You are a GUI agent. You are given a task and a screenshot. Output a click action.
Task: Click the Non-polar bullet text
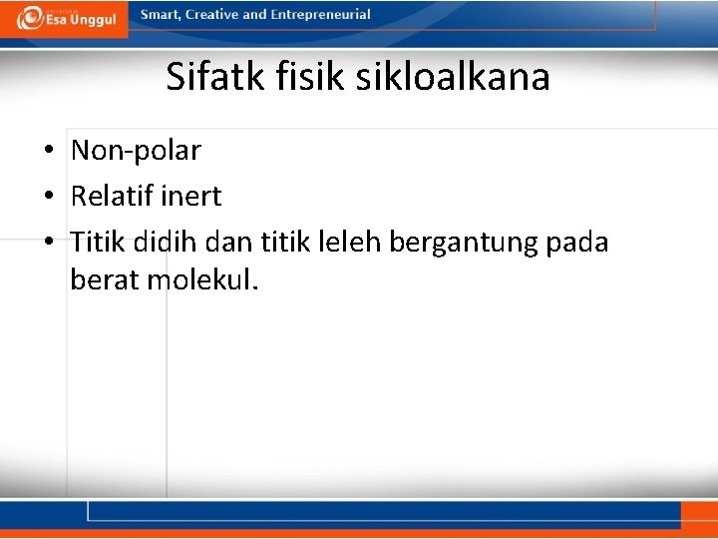click(x=136, y=151)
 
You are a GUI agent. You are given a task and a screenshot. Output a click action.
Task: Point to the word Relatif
click(x=112, y=197)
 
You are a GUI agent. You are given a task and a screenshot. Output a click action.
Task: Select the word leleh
click(x=349, y=243)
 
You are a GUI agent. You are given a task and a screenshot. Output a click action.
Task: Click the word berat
click(x=105, y=280)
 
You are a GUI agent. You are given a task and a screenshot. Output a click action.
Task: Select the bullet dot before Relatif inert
click(x=48, y=198)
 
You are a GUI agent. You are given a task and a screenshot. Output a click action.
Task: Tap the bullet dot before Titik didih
click(x=48, y=244)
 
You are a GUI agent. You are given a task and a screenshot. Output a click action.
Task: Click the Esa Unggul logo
click(x=65, y=18)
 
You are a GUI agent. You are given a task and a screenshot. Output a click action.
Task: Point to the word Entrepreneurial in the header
click(x=320, y=15)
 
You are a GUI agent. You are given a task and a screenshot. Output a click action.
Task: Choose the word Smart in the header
click(x=163, y=15)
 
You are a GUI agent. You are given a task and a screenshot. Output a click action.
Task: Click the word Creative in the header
click(x=215, y=15)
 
